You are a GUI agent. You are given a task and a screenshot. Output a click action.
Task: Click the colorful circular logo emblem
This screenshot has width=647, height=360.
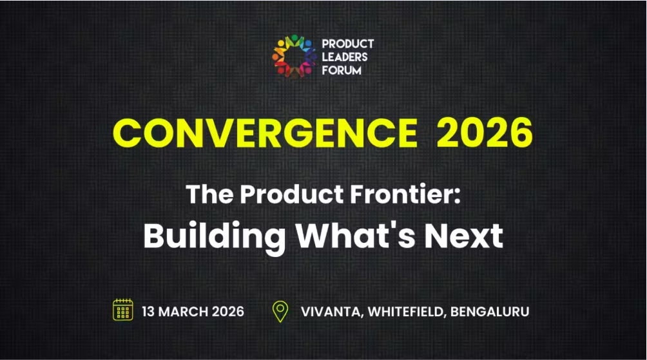pyautogui.click(x=294, y=56)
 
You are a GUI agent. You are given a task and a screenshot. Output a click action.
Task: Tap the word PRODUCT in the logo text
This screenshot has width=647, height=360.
pyautogui.click(x=347, y=44)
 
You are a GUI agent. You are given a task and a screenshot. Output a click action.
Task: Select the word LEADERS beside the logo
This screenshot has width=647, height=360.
pyautogui.click(x=345, y=57)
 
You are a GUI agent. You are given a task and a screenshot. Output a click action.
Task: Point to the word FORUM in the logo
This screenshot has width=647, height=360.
pyautogui.click(x=342, y=70)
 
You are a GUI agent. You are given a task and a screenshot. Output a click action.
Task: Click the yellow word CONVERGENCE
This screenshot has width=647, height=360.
pyautogui.click(x=265, y=133)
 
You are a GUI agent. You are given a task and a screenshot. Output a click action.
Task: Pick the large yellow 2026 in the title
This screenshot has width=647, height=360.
pyautogui.click(x=485, y=133)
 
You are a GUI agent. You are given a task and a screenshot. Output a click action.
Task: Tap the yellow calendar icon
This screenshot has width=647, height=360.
pyautogui.click(x=122, y=310)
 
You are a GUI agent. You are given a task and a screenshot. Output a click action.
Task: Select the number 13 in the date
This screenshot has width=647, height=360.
pyautogui.click(x=149, y=312)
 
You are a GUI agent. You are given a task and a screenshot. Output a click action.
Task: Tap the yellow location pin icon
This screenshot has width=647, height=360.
pyautogui.click(x=280, y=311)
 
